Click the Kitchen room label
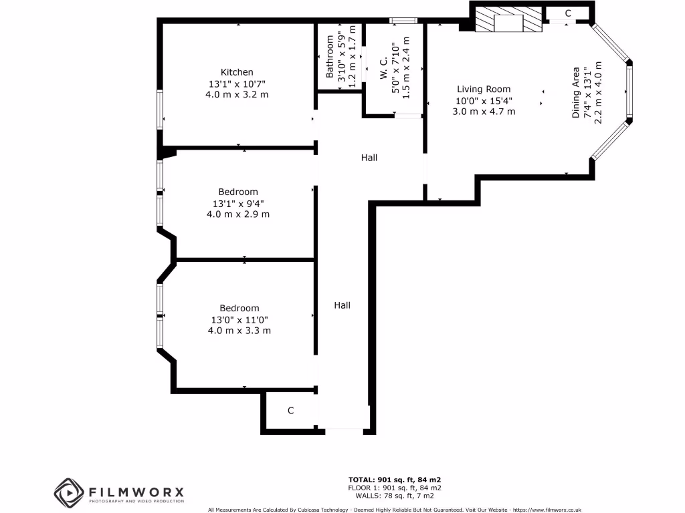click(237, 72)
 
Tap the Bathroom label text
click(330, 57)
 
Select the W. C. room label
click(384, 69)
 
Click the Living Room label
click(484, 89)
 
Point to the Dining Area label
click(576, 92)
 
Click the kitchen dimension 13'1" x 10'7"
click(237, 83)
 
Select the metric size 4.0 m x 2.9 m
click(238, 214)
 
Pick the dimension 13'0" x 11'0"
click(239, 319)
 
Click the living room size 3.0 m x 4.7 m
click(484, 112)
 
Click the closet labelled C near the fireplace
click(568, 13)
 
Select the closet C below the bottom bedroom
click(290, 410)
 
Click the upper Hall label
click(369, 158)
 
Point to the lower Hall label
click(342, 305)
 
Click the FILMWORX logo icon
click(70, 492)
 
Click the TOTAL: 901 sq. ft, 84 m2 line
click(395, 480)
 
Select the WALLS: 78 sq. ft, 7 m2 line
click(395, 496)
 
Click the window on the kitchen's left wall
click(160, 109)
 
